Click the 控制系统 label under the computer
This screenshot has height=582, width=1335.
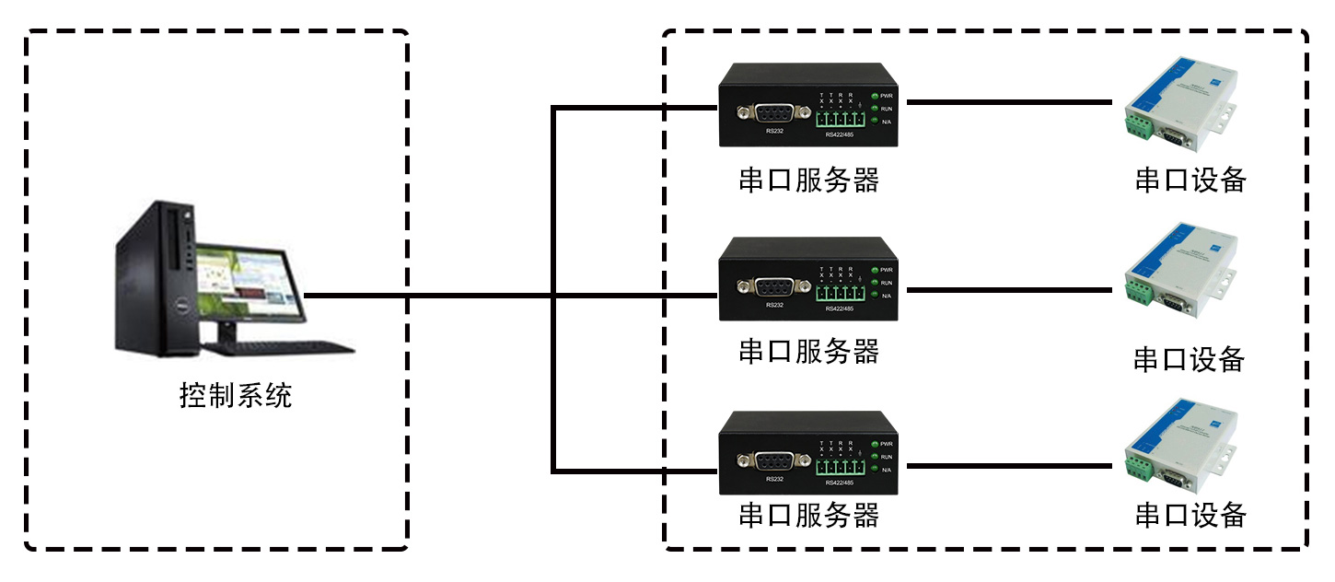point(236,396)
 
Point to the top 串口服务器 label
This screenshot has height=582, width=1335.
point(808,180)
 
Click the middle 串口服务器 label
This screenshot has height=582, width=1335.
point(808,351)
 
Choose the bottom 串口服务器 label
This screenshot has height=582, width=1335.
point(808,515)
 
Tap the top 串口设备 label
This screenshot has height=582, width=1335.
point(1190,180)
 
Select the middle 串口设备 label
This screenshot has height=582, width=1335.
point(1189,359)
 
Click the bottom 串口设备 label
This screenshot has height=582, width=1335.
point(1190,515)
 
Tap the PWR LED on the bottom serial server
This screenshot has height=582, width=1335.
point(875,444)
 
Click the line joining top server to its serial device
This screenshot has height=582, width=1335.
point(1008,102)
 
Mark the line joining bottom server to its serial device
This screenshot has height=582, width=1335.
point(1008,466)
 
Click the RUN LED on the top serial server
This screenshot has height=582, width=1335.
point(875,109)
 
